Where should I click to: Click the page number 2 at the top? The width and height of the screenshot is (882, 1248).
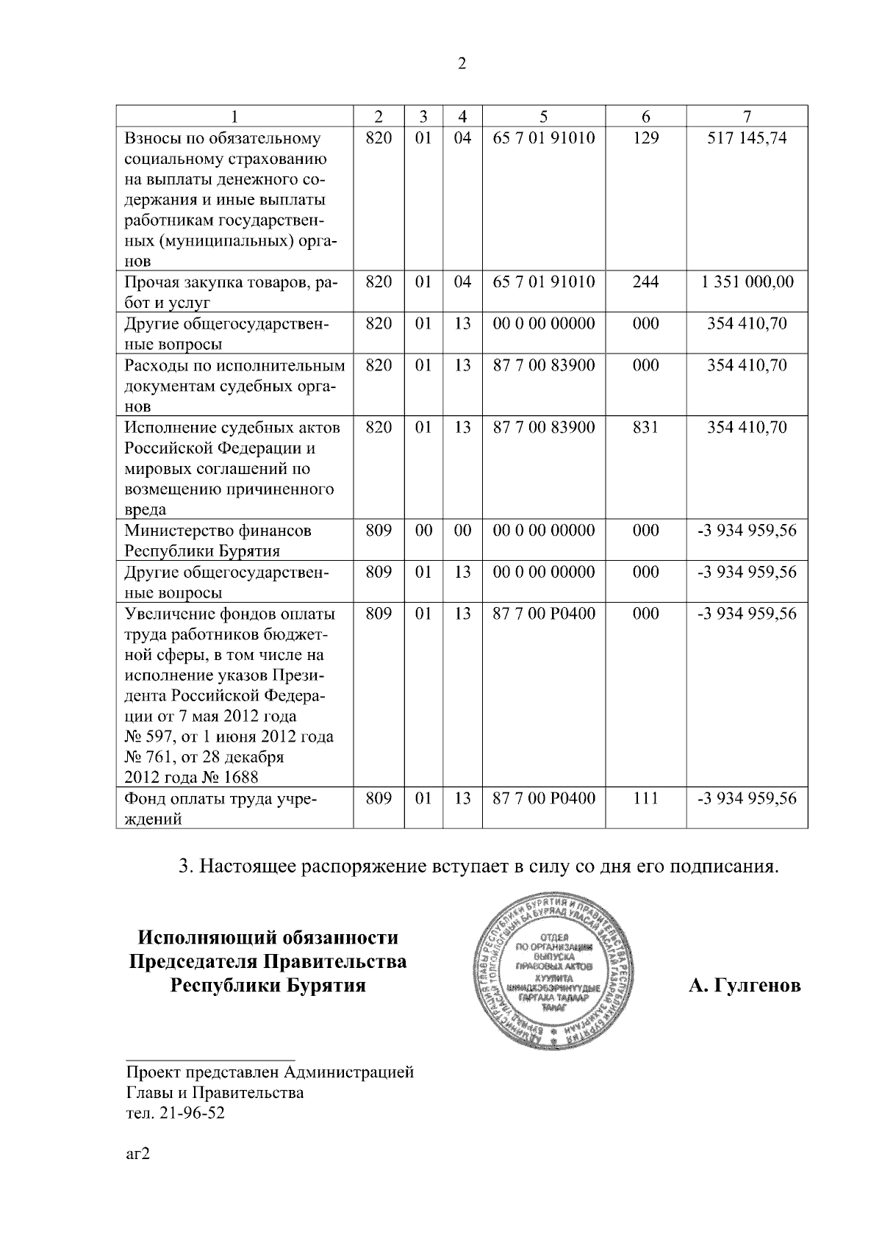(462, 64)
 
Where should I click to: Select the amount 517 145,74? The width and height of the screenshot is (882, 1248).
(747, 138)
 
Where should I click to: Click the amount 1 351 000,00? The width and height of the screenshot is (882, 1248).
(747, 282)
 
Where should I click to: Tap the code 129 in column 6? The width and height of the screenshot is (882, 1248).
(645, 138)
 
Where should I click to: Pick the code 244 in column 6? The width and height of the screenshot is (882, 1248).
(645, 282)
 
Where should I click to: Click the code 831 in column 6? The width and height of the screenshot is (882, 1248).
(645, 427)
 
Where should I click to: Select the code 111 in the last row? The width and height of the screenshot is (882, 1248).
(645, 798)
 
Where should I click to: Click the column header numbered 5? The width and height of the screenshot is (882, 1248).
(543, 116)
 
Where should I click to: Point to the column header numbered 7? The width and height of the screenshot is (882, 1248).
(747, 116)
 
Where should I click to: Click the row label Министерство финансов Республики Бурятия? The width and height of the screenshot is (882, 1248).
(218, 540)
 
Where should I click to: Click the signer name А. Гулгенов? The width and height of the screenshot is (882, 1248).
(744, 986)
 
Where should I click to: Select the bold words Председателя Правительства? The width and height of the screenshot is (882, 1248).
(268, 961)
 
